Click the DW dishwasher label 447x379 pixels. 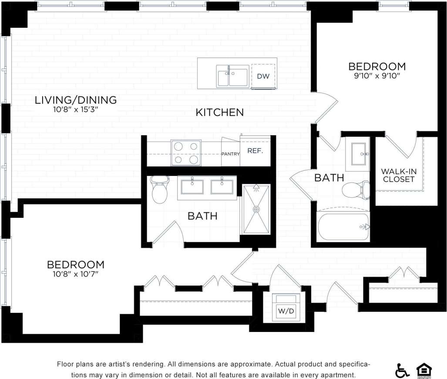pyautogui.click(x=263, y=76)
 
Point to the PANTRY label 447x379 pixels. pyautogui.click(x=230, y=154)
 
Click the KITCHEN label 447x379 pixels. pyautogui.click(x=219, y=112)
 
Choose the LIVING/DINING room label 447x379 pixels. pyautogui.click(x=76, y=100)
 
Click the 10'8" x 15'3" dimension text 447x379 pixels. pyautogui.click(x=76, y=110)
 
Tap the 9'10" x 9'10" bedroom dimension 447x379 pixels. pyautogui.click(x=377, y=75)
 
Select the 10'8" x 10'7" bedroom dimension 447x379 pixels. pyautogui.click(x=76, y=274)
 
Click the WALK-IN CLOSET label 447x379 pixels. pyautogui.click(x=398, y=175)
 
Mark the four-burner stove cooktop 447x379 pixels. pyautogui.click(x=186, y=153)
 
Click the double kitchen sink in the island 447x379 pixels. pyautogui.click(x=233, y=76)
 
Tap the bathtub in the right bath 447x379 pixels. pyautogui.click(x=343, y=227)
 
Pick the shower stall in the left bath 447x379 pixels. pyautogui.click(x=256, y=209)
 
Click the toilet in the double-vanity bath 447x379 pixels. pyautogui.click(x=160, y=189)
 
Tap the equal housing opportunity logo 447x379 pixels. pyautogui.click(x=424, y=370)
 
